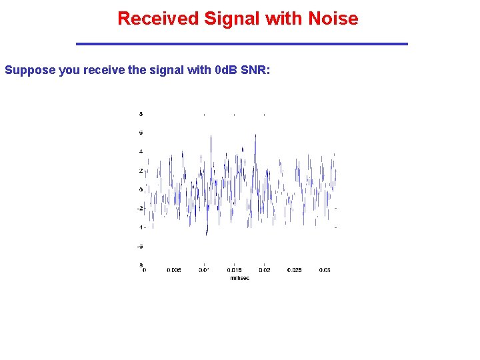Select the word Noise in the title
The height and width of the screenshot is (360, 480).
coord(333,19)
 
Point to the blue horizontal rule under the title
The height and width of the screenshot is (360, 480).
coord(241,44)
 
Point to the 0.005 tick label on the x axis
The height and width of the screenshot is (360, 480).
coord(173,270)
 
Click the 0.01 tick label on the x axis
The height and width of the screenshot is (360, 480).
coord(204,270)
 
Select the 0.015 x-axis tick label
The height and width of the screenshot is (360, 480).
coord(234,270)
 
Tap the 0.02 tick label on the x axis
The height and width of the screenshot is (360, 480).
coord(265,270)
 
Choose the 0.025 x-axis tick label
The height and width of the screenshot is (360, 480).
coord(295,270)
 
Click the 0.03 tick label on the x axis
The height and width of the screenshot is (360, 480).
coord(325,270)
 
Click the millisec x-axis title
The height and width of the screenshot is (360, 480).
coord(239,278)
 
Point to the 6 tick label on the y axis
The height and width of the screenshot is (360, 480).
coord(141,133)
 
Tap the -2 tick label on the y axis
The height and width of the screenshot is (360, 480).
coord(140,208)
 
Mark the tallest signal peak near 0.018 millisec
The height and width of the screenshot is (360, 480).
coord(255,135)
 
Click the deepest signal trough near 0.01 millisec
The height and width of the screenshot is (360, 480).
coord(206,234)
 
